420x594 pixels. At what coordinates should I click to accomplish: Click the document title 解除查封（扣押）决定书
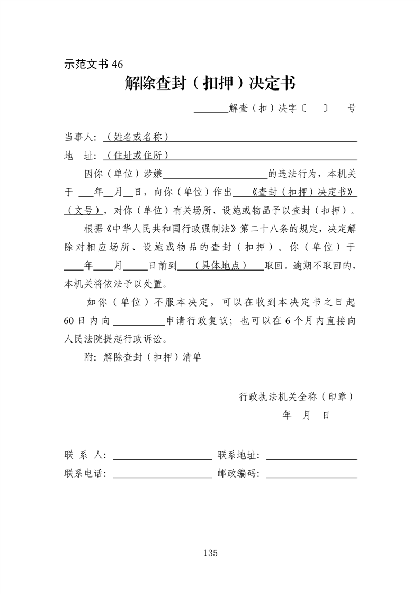coord(210,83)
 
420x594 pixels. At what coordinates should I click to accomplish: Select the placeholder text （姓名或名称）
coord(137,137)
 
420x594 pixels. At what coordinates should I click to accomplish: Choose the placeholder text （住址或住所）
coord(137,156)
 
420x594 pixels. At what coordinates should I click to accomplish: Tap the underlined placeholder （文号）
coord(83,210)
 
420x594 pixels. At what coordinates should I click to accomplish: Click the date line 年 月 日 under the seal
coord(306,415)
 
